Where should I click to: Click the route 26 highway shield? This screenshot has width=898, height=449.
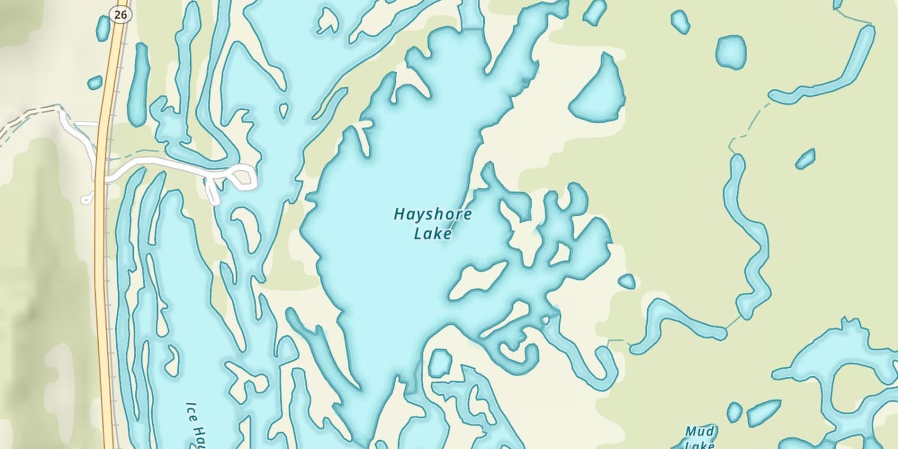click(120, 14)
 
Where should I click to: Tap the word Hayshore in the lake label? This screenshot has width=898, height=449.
click(432, 214)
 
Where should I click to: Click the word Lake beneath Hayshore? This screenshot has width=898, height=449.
click(432, 233)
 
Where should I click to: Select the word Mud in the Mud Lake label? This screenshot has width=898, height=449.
click(700, 432)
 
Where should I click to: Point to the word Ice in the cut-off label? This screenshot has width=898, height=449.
click(192, 409)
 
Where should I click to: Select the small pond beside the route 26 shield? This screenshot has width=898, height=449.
click(103, 28)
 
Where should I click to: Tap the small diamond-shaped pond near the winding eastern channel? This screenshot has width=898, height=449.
click(805, 159)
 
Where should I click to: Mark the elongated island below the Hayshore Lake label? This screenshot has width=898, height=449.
click(478, 280)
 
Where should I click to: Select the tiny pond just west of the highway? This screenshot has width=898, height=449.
click(95, 83)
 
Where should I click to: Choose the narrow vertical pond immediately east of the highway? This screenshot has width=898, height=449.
click(139, 84)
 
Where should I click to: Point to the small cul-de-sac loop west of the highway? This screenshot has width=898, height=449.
click(87, 199)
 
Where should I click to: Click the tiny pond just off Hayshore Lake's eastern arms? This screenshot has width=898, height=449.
click(627, 281)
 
